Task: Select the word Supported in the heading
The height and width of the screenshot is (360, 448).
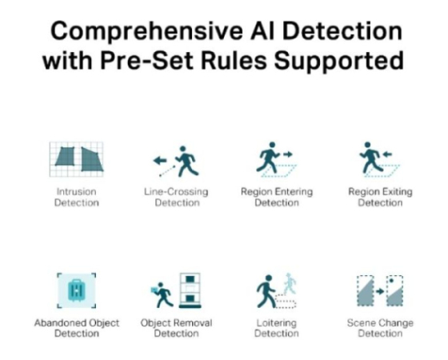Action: click(339, 62)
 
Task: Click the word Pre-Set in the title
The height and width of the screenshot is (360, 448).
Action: click(147, 60)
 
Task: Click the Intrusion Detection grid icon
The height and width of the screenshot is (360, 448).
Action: click(76, 159)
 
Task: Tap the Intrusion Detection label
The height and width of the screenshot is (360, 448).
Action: click(77, 197)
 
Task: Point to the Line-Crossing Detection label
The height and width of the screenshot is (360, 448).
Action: click(176, 197)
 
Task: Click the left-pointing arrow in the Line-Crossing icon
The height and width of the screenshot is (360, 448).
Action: click(160, 161)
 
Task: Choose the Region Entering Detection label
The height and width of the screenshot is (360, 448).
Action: click(277, 197)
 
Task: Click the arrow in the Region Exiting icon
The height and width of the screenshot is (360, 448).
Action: click(387, 154)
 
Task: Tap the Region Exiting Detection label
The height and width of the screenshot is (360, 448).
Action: click(380, 197)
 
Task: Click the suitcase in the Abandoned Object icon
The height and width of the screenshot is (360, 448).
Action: click(76, 290)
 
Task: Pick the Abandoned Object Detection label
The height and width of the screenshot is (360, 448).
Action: click(77, 328)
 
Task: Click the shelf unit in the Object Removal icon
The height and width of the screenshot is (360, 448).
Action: click(190, 290)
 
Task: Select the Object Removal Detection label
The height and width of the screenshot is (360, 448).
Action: click(176, 328)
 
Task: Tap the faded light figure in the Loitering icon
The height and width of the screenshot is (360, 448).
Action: click(290, 283)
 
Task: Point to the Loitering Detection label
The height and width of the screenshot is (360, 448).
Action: click(276, 328)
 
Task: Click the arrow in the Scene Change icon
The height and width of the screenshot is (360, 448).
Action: click(380, 291)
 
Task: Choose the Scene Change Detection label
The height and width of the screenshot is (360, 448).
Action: click(380, 328)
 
